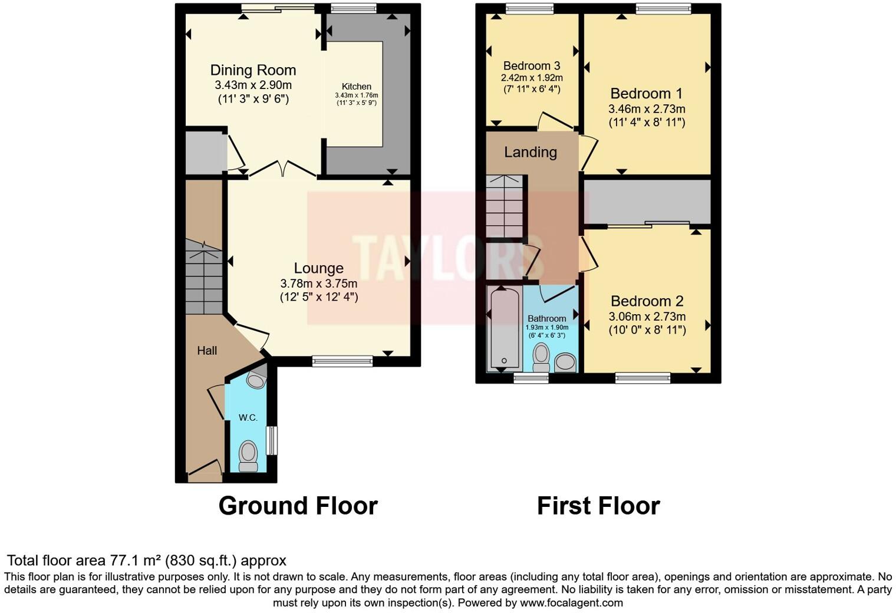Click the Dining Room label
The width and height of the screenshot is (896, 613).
pos(253,70)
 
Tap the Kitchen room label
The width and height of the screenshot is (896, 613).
pos(357,87)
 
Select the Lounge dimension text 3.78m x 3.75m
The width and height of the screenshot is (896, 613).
pos(318,283)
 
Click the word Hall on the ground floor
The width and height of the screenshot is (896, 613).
pos(207,351)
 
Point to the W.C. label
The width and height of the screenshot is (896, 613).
pos(248,417)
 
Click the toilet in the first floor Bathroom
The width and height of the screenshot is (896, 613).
pos(541,358)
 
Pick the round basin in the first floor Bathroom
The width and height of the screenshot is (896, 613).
pos(565,362)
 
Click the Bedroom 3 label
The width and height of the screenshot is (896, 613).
pos(532,66)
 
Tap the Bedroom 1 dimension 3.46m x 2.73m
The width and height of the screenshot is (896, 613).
pos(647,109)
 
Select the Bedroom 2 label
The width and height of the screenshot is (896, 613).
pos(647,301)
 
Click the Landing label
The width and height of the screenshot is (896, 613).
pos(531,152)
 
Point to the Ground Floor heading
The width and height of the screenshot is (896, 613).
pos(298,506)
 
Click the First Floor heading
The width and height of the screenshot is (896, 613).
pos(598,506)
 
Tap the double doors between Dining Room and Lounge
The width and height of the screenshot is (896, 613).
pos(283,170)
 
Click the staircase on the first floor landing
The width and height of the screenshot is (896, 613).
pos(505,206)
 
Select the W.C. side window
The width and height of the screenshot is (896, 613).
pos(271,440)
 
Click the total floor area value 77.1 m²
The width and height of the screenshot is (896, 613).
pos(137,560)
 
